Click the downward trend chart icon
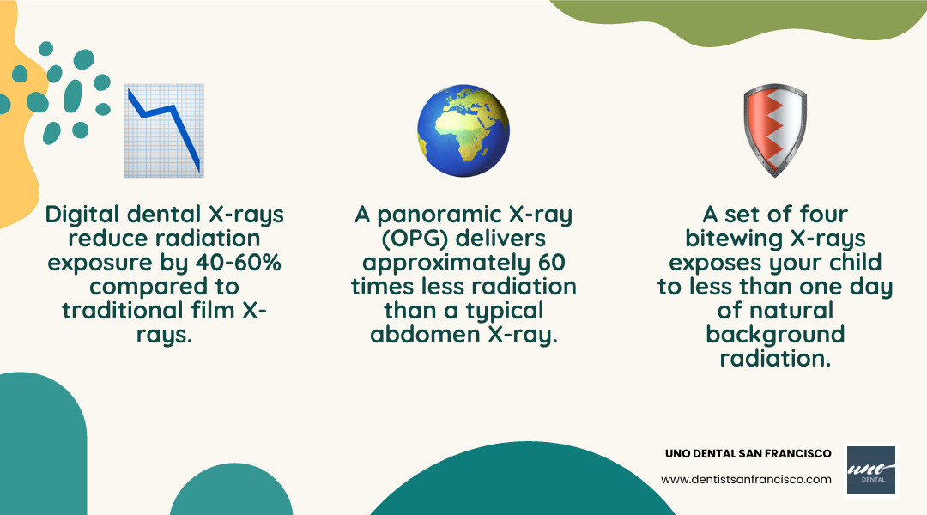pyautogui.click(x=163, y=130)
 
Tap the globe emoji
pyautogui.click(x=463, y=130)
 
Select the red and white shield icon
pyautogui.click(x=774, y=130)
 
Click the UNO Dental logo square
pyautogui.click(x=870, y=470)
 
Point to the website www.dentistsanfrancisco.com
pyautogui.click(x=747, y=479)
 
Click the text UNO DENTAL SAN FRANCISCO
pyautogui.click(x=748, y=453)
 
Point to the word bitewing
pyautogui.click(x=736, y=238)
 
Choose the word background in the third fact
pyautogui.click(x=775, y=334)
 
